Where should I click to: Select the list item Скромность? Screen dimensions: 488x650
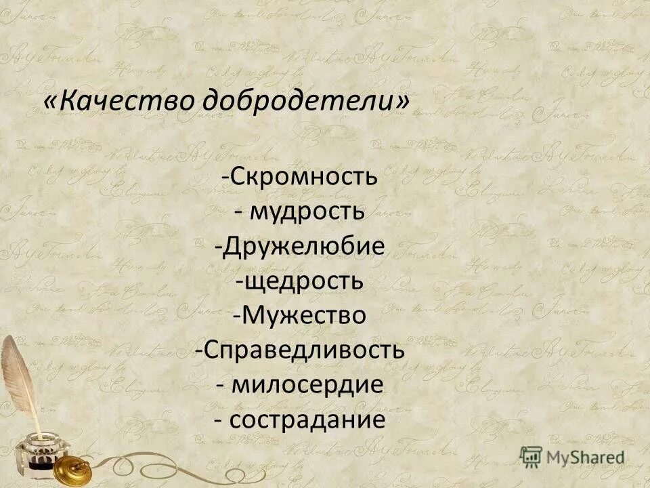pyautogui.click(x=303, y=178)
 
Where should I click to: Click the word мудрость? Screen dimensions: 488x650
pyautogui.click(x=308, y=212)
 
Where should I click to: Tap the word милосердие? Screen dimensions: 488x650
pyautogui.click(x=308, y=385)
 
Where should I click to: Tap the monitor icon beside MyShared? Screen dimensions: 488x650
pyautogui.click(x=531, y=455)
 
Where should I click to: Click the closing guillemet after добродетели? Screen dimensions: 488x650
pyautogui.click(x=403, y=102)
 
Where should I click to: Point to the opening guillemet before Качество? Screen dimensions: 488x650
pyautogui.click(x=50, y=102)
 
